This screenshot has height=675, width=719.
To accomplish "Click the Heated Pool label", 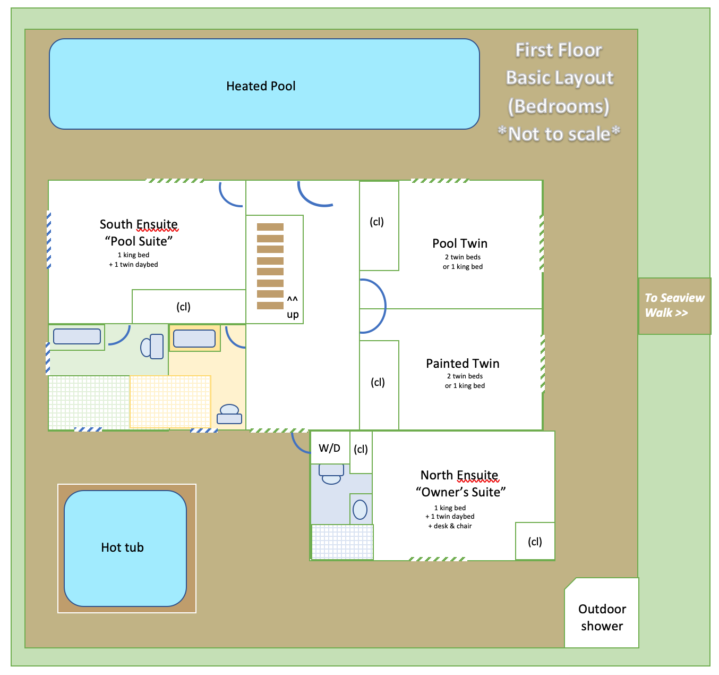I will [261, 86].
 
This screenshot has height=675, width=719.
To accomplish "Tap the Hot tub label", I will [122, 547].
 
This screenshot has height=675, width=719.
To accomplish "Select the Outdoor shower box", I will [602, 617].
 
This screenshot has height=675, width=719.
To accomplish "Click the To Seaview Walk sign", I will [674, 306].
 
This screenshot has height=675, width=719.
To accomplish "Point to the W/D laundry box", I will [329, 448].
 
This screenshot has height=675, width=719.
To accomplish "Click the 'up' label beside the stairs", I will [293, 314].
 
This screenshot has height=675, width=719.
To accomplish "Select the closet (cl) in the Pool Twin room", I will [377, 222].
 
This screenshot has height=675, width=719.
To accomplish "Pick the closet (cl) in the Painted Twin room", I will [378, 382].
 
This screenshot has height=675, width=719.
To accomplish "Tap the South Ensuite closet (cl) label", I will [183, 307].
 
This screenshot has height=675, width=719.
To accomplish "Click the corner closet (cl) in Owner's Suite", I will [535, 542].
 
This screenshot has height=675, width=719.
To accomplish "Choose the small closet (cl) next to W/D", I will [361, 449].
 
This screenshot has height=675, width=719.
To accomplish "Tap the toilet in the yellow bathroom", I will [229, 414].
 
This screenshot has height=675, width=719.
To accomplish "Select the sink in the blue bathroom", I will [360, 510].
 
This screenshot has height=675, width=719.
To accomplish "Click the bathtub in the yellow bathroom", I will [194, 339].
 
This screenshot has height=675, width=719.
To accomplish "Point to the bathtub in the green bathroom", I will [77, 336].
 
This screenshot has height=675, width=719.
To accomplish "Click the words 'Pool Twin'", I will [460, 243].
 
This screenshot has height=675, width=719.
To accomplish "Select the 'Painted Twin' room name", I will [463, 364].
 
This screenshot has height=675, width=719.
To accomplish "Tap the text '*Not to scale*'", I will [559, 134].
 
